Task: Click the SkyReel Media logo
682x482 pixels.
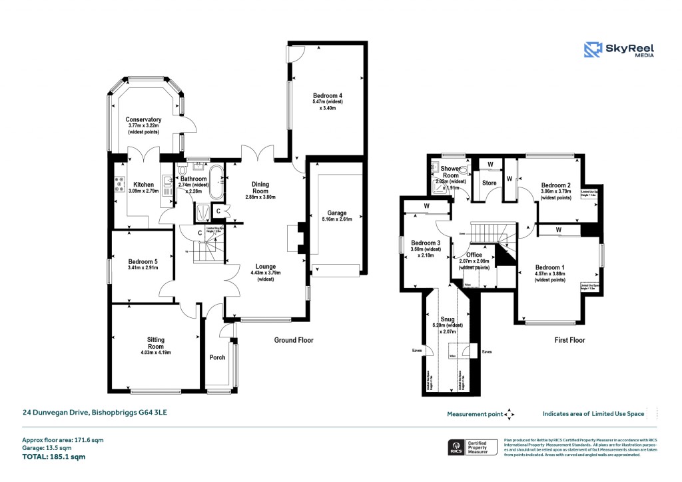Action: pyautogui.click(x=619, y=50)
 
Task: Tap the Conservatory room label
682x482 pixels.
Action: pyautogui.click(x=143, y=120)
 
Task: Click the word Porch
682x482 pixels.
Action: pyautogui.click(x=217, y=357)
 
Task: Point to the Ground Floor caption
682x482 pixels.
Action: pyautogui.click(x=294, y=340)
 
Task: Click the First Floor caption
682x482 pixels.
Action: pyautogui.click(x=569, y=340)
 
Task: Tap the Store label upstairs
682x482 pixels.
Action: pyautogui.click(x=490, y=182)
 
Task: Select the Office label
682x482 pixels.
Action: pyautogui.click(x=474, y=255)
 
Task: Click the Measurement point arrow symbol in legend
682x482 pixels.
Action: pyautogui.click(x=510, y=414)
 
